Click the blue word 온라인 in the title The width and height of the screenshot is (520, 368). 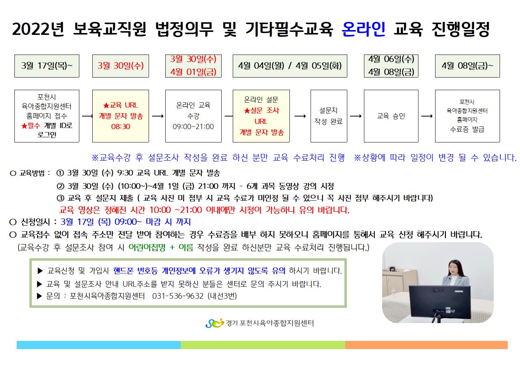(364, 29)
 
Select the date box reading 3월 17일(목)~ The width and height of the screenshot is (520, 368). (47, 66)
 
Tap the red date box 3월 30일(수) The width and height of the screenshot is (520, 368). (120, 66)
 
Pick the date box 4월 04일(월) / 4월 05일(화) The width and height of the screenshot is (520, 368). (290, 66)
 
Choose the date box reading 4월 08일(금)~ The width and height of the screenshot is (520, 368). (467, 66)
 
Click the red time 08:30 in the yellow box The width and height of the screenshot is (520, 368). (120, 126)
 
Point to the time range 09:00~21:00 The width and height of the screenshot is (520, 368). (193, 126)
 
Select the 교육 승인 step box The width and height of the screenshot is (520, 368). (391, 116)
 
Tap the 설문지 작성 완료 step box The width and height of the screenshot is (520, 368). (329, 116)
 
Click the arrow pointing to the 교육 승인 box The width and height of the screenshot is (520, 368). (355, 116)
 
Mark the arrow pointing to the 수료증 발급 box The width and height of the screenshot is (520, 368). (427, 116)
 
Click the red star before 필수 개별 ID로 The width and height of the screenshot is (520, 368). (24, 126)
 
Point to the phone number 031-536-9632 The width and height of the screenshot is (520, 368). (178, 296)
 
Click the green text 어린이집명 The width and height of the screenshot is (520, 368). (147, 247)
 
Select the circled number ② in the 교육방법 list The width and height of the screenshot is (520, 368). (60, 186)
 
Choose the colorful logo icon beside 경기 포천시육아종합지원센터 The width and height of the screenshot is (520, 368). (215, 323)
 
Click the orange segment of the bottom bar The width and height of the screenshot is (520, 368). (426, 345)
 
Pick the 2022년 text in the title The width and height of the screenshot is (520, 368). (38, 29)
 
